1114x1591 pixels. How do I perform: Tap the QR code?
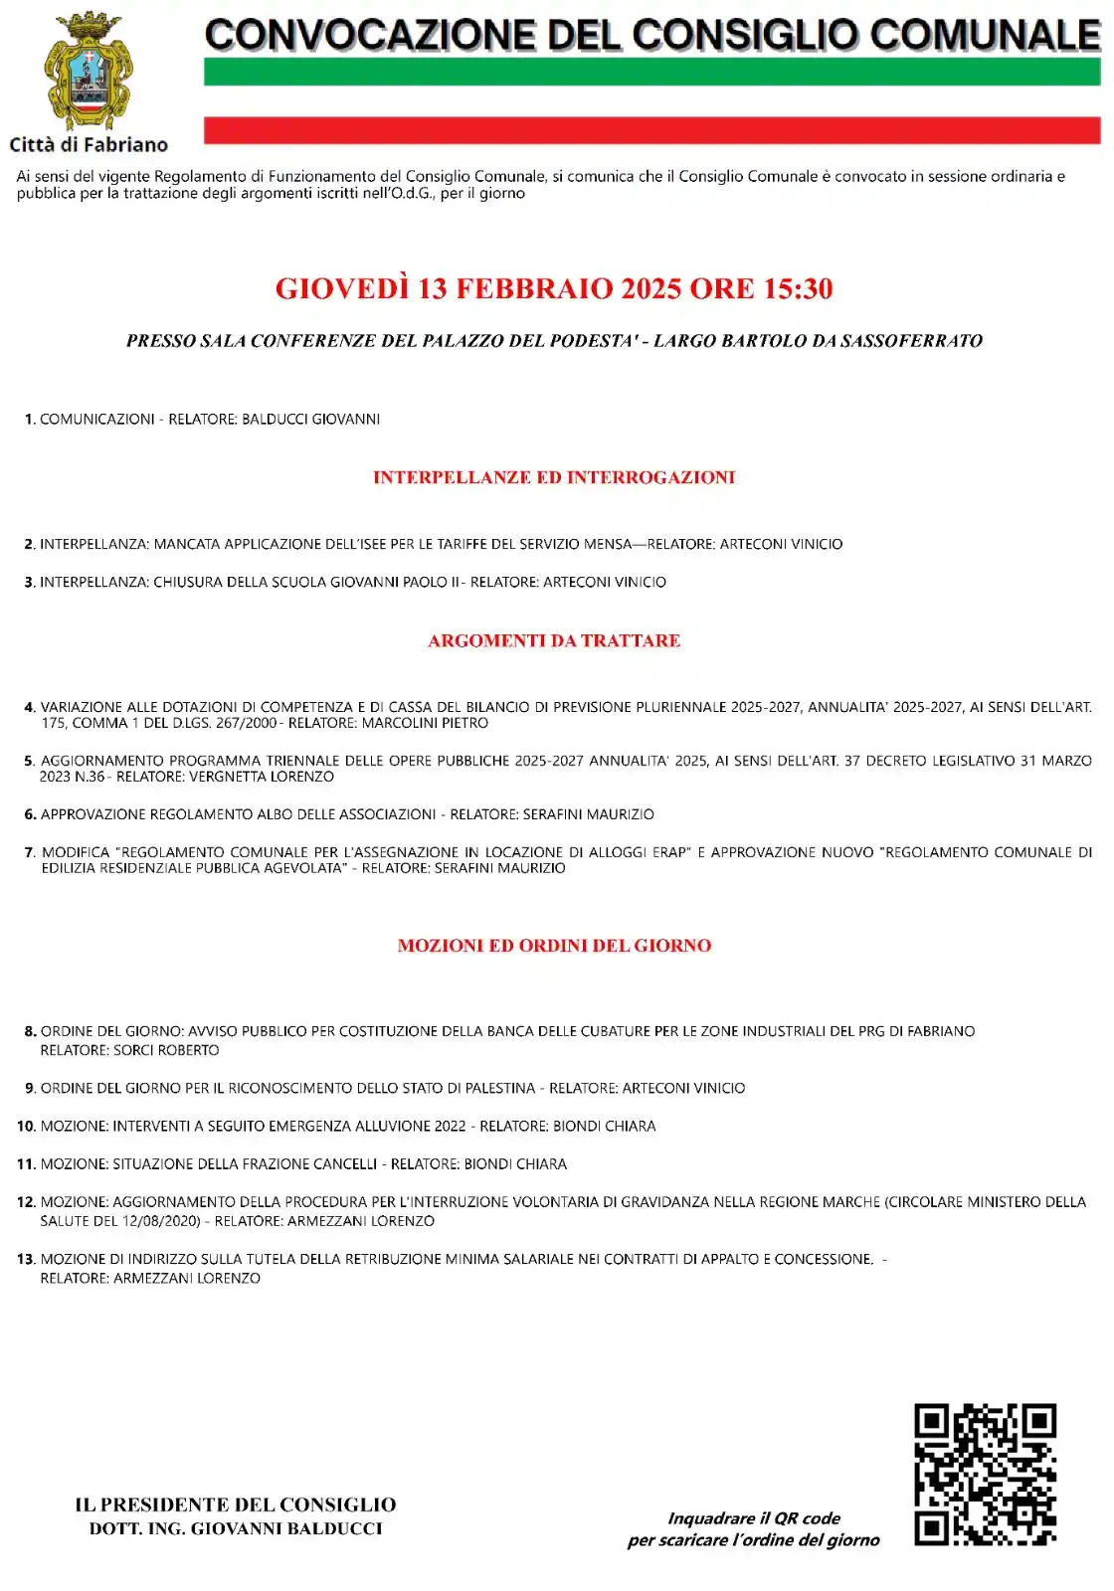[985, 1474]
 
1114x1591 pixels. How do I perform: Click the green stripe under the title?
[651, 72]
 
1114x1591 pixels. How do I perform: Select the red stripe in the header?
[651, 130]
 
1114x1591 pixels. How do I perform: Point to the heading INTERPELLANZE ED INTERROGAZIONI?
[554, 477]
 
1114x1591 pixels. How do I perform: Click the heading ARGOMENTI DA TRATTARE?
[554, 640]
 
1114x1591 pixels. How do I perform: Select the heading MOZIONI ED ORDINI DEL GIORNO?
[554, 946]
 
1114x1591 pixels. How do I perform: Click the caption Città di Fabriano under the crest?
[89, 145]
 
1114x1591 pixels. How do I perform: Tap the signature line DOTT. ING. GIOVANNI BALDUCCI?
[236, 1529]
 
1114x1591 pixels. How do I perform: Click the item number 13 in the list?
[26, 1259]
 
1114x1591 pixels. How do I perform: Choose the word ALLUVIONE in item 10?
[378, 1126]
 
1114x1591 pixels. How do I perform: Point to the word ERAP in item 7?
[668, 852]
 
